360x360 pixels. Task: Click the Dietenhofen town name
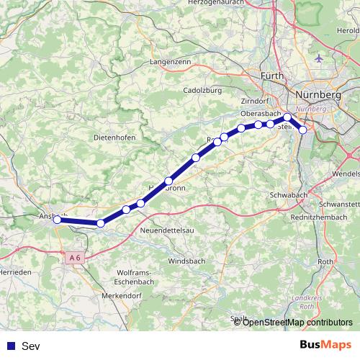click(115, 137)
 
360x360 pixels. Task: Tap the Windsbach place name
click(185, 261)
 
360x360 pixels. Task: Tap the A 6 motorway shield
click(75, 257)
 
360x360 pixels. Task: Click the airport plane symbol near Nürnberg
click(320, 58)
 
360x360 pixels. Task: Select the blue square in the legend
click(9, 346)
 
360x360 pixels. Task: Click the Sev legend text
click(31, 346)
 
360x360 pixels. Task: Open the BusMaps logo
click(326, 346)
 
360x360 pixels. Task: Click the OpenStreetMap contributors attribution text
click(297, 322)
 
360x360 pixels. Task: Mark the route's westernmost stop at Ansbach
click(56, 220)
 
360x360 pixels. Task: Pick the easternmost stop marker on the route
click(303, 130)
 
